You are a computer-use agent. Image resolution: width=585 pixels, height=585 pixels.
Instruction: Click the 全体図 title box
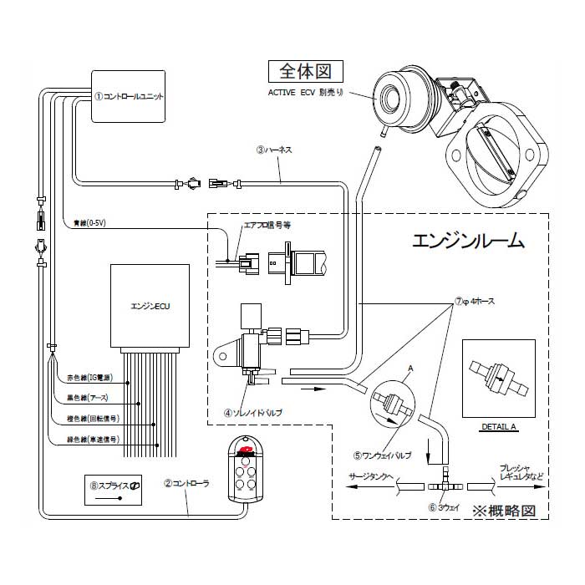[305, 70]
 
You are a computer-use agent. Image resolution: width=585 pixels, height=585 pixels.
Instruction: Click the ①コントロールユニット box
[128, 96]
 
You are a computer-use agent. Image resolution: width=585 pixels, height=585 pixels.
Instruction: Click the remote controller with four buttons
[245, 469]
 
